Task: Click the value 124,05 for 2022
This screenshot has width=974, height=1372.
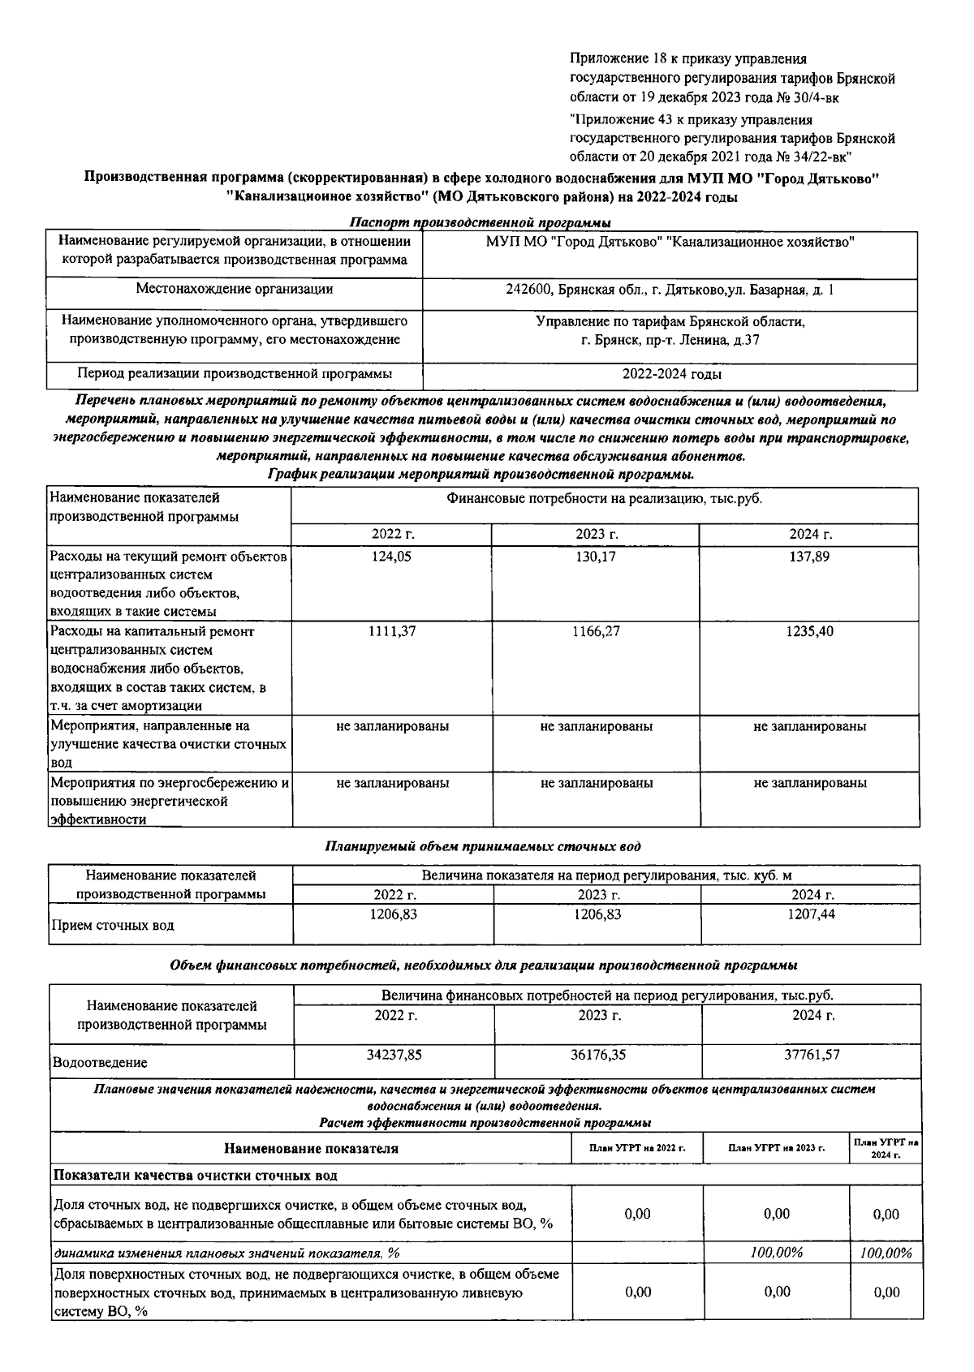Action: click(394, 557)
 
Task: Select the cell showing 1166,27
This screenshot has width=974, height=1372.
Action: click(597, 631)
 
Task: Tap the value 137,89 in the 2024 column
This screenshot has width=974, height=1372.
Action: click(809, 557)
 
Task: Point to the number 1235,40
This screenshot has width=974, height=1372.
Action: click(809, 631)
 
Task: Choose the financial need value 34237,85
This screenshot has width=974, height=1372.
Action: click(394, 1055)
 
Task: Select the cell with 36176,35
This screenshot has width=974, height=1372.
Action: click(598, 1055)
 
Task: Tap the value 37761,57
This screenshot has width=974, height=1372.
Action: click(811, 1055)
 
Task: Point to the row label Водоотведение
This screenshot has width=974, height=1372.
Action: click(100, 1062)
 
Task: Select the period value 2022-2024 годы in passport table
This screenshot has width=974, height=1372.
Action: click(671, 374)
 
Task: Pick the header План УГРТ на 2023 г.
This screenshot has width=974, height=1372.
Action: click(776, 1149)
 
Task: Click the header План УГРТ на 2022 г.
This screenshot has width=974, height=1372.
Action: click(637, 1149)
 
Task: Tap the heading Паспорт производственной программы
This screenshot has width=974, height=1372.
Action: click(480, 222)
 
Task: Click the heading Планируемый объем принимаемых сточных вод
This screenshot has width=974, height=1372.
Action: click(483, 846)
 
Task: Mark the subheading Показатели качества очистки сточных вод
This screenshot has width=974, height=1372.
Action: click(195, 1175)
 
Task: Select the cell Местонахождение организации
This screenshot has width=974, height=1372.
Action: click(235, 289)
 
